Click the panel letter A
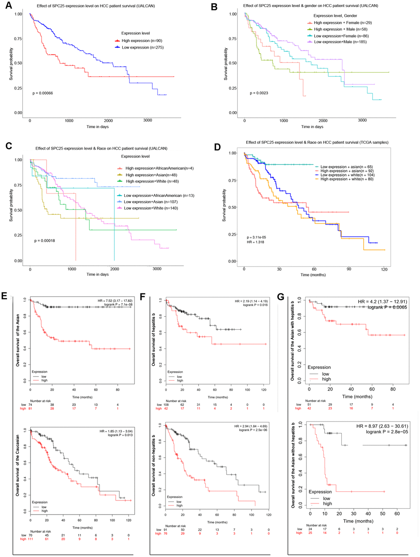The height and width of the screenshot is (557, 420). (8, 6)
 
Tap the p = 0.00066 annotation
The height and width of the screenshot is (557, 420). (43, 93)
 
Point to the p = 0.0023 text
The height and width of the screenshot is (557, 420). (259, 93)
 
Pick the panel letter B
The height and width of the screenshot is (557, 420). (214, 7)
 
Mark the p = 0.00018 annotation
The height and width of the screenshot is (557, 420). (44, 241)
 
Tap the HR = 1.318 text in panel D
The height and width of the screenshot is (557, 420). (255, 242)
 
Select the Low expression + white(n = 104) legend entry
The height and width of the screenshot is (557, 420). (347, 175)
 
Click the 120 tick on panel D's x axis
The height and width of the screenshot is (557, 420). (384, 269)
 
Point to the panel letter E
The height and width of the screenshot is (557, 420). (4, 296)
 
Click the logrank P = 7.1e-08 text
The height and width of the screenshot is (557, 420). (118, 305)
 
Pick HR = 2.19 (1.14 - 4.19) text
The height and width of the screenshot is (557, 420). (251, 301)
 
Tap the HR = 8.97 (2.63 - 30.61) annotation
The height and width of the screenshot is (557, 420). (382, 426)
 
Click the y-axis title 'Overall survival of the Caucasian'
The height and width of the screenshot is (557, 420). (18, 465)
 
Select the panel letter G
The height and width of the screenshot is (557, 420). (281, 297)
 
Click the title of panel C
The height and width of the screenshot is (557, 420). (101, 148)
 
